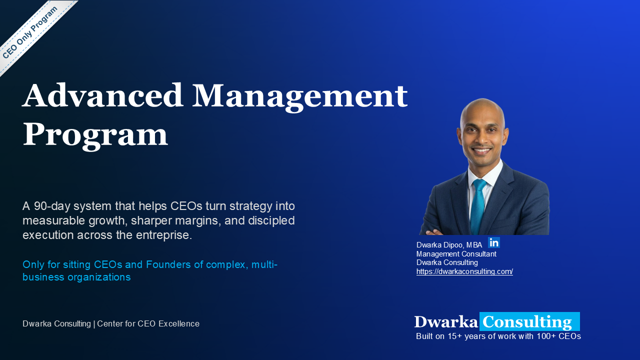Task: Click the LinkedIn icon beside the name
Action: click(x=494, y=242)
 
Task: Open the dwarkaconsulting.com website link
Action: click(x=464, y=271)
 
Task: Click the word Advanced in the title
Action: click(x=102, y=95)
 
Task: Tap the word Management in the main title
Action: click(x=299, y=97)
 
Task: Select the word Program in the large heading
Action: click(x=95, y=135)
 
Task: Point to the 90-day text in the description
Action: click(x=52, y=206)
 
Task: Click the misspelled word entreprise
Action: click(x=163, y=235)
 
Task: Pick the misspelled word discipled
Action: click(x=271, y=220)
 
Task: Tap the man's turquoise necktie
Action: click(x=478, y=205)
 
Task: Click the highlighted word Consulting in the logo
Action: click(x=529, y=321)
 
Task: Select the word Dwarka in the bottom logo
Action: click(x=446, y=322)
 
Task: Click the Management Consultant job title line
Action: click(x=456, y=253)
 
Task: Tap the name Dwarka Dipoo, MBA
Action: click(x=449, y=245)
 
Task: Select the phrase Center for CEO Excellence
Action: click(x=148, y=323)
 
